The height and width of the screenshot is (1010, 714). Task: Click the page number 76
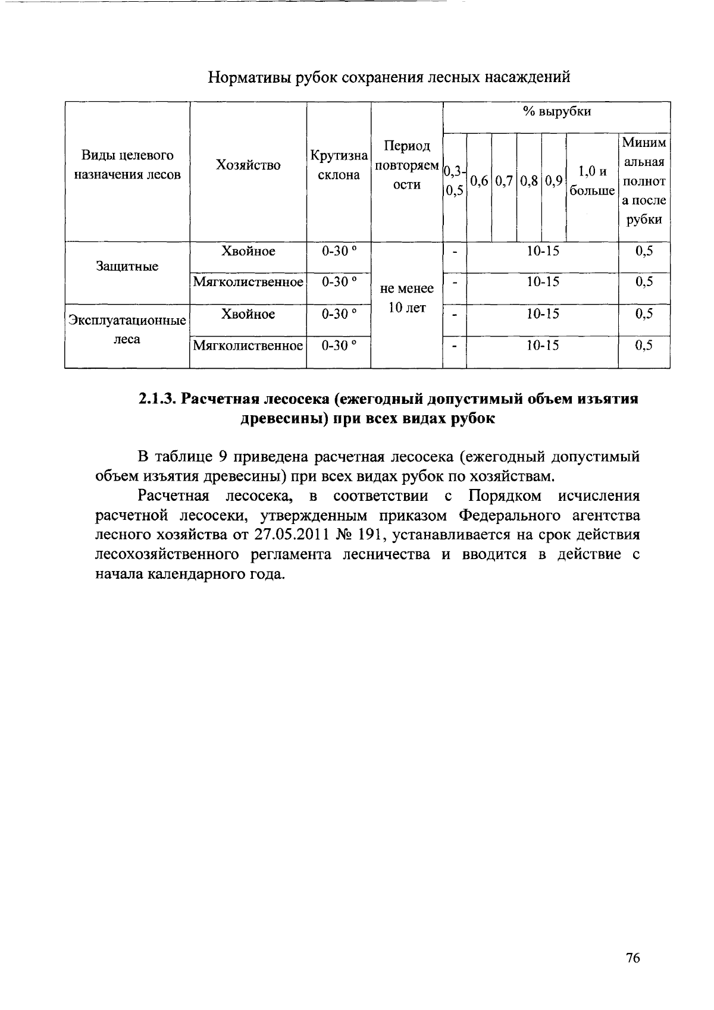click(x=632, y=958)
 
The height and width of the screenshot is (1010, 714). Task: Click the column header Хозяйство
click(x=248, y=165)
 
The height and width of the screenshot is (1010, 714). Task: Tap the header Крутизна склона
click(x=339, y=165)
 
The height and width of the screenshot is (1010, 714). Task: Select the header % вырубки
click(x=556, y=112)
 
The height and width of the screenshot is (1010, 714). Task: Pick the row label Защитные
click(x=127, y=266)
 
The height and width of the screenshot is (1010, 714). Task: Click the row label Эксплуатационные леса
click(x=127, y=330)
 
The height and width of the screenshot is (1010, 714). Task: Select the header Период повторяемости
click(x=407, y=165)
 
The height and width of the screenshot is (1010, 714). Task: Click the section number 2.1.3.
click(x=158, y=399)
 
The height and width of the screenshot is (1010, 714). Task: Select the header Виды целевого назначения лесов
click(x=127, y=165)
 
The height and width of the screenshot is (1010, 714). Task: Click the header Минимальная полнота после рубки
click(x=644, y=181)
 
